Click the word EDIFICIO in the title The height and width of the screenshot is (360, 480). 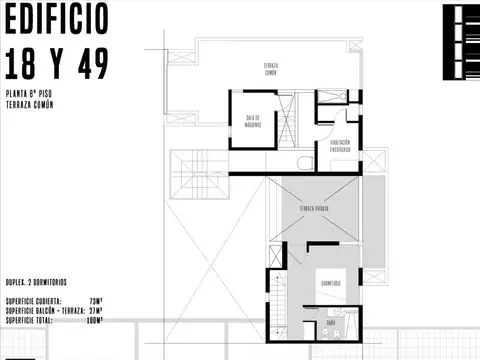click(x=55, y=19)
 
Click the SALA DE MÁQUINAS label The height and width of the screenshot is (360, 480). click(x=253, y=120)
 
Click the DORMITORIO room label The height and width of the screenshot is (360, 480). click(x=333, y=284)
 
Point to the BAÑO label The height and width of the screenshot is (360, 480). click(x=330, y=322)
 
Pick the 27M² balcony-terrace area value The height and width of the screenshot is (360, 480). click(x=97, y=311)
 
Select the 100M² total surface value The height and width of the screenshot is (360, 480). click(x=95, y=320)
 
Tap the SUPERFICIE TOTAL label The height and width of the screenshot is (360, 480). click(x=29, y=320)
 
